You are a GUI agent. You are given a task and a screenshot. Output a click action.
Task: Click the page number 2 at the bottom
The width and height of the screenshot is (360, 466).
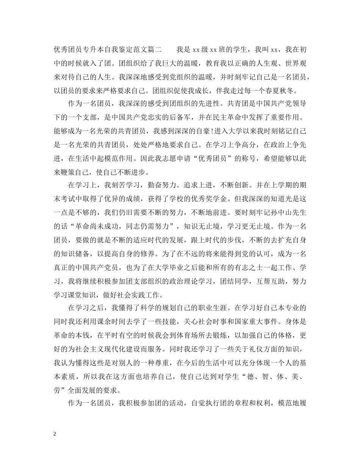(x=55, y=434)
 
